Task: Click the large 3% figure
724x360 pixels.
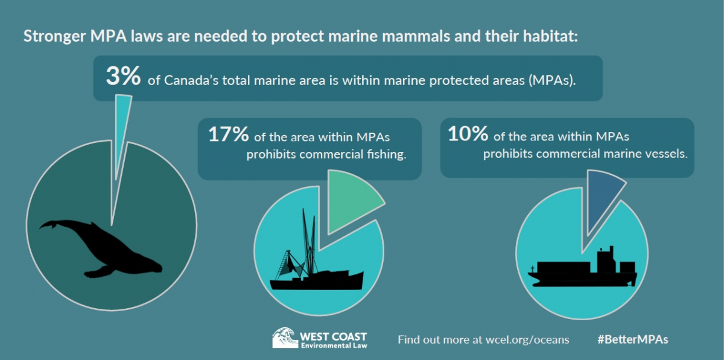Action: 123,76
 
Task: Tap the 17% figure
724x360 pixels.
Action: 229,134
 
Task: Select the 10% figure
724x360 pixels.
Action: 468,133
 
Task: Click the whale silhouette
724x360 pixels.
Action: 101,249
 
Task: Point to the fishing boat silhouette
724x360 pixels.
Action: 317,255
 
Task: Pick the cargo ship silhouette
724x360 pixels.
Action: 582,268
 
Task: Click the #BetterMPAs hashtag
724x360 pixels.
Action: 632,339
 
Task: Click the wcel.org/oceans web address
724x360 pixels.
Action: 527,340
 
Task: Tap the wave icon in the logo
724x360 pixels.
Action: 285,338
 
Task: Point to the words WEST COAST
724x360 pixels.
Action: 333,336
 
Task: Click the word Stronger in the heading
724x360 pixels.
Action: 54,36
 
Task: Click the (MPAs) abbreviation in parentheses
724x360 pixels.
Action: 553,80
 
